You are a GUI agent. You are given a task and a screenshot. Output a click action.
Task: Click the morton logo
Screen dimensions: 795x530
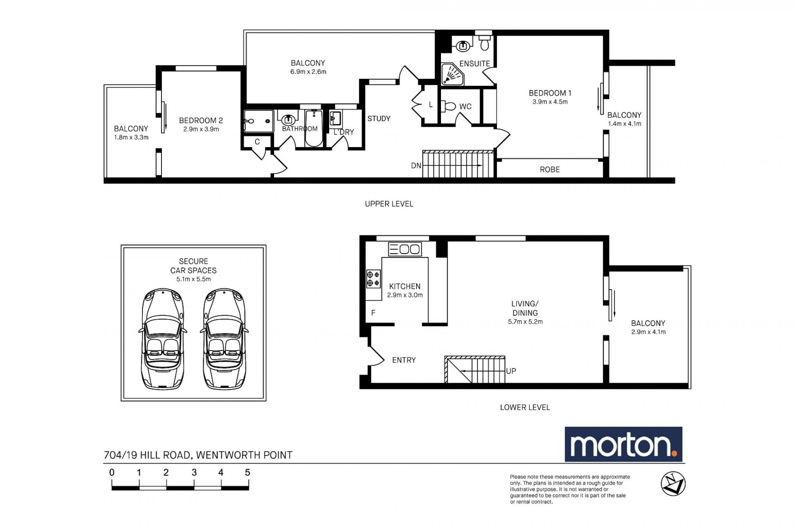click(x=623, y=444)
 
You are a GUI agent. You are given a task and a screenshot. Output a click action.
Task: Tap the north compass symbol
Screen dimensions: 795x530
click(x=673, y=484)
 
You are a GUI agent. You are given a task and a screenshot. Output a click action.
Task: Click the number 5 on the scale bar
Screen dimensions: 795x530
click(x=248, y=472)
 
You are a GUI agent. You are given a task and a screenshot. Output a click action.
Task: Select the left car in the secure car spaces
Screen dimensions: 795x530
click(x=163, y=339)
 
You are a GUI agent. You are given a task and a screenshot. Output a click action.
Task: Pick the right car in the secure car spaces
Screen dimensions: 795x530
click(x=224, y=339)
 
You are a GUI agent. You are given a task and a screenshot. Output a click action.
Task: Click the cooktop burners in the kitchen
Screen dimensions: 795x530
click(x=373, y=278)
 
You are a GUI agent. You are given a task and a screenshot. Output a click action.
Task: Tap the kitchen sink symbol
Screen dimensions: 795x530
click(x=405, y=249)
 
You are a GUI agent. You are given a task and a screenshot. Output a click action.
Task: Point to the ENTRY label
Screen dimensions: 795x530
click(x=404, y=360)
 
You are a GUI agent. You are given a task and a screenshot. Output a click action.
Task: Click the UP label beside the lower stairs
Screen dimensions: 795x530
click(x=511, y=371)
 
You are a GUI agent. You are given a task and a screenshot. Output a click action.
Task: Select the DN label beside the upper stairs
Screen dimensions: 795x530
click(x=416, y=166)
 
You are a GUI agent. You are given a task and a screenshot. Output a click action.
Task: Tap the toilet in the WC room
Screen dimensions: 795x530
click(x=448, y=106)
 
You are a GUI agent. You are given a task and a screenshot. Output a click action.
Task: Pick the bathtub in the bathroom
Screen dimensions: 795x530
click(x=314, y=128)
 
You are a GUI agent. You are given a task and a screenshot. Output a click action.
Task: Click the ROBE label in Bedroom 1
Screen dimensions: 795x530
click(x=549, y=169)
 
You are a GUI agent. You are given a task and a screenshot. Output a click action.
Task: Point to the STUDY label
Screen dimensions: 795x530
click(x=379, y=119)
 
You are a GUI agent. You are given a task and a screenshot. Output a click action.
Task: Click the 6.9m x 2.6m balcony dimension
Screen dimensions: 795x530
click(x=308, y=72)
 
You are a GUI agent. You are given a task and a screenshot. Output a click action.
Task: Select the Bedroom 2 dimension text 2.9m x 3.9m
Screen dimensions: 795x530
click(x=201, y=129)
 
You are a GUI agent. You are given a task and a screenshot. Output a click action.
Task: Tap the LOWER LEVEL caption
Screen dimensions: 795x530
click(x=525, y=407)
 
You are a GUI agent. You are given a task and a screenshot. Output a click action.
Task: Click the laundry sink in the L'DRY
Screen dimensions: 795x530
click(x=335, y=118)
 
